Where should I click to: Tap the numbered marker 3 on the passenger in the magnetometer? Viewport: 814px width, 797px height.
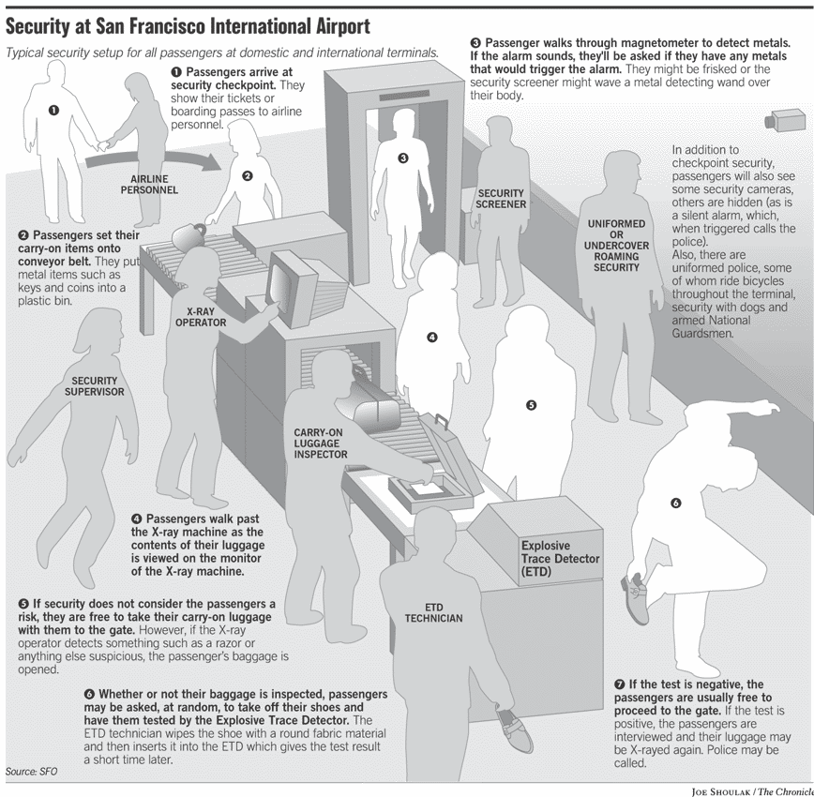click(x=403, y=158)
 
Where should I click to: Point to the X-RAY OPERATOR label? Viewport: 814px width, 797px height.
click(x=201, y=316)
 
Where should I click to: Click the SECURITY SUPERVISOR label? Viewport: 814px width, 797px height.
click(x=95, y=386)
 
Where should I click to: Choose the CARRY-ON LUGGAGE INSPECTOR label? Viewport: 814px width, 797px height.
click(x=321, y=444)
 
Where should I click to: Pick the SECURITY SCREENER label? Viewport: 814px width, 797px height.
click(x=501, y=199)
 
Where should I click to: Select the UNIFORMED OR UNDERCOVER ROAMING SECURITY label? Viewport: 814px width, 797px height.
click(x=616, y=246)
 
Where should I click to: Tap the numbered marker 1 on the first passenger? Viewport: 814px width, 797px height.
click(x=53, y=111)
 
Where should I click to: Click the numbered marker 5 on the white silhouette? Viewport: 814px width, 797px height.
click(x=531, y=406)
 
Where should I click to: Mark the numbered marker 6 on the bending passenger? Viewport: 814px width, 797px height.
click(x=675, y=504)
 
